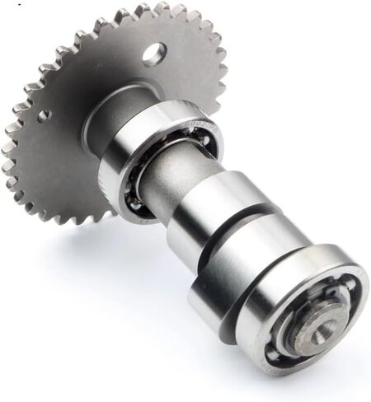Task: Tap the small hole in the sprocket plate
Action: point(45,115)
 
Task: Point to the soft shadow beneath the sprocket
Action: point(74,247)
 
